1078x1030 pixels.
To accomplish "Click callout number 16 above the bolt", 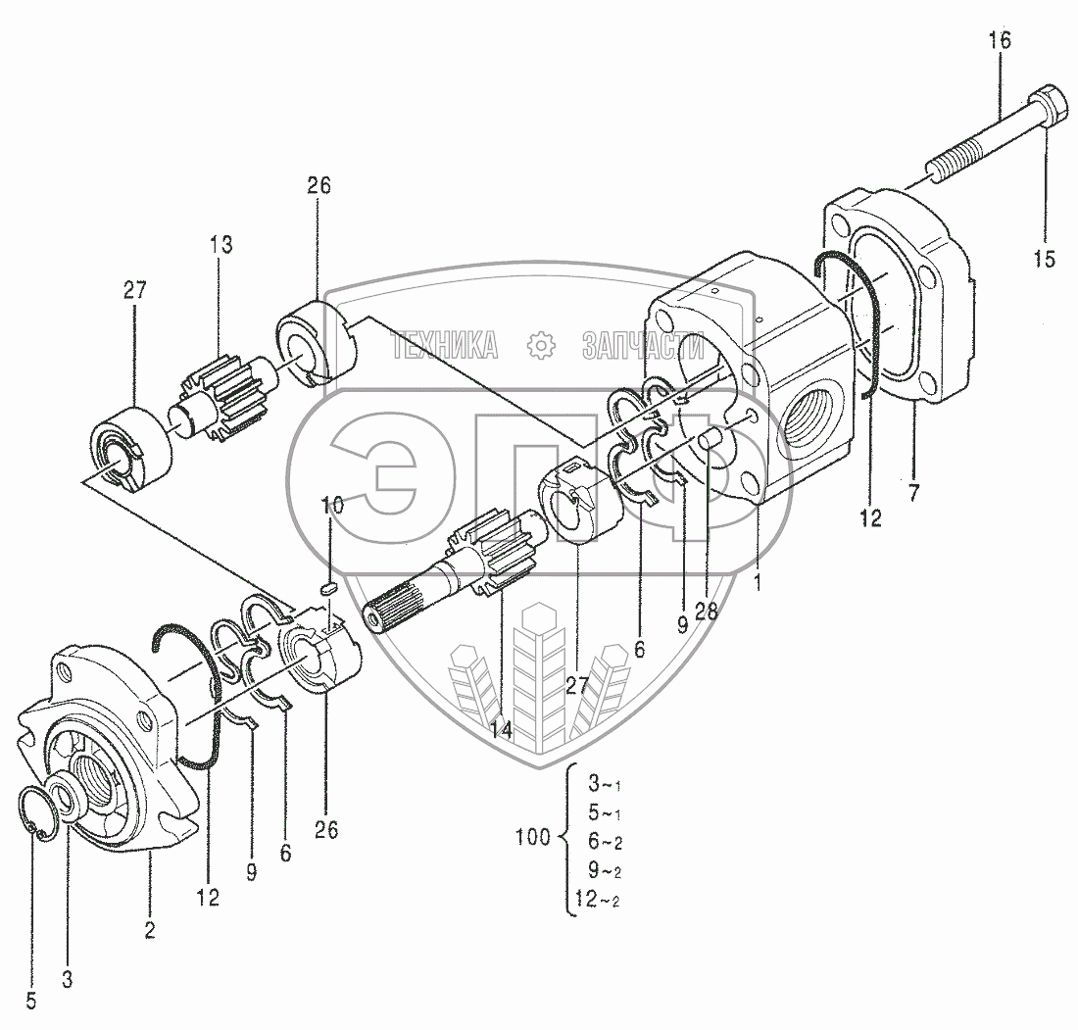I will [1000, 41].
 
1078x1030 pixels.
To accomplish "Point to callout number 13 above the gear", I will [220, 245].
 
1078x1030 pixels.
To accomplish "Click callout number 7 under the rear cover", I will [913, 493].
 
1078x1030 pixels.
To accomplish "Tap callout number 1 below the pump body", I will [757, 581].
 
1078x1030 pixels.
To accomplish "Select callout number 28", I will [706, 611].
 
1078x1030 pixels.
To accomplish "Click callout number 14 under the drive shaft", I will [501, 729].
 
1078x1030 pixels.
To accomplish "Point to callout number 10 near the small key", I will [332, 505].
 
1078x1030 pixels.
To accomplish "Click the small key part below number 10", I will [329, 588].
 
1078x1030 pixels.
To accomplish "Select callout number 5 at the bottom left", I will [31, 1001].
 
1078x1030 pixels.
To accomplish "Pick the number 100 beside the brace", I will [533, 838].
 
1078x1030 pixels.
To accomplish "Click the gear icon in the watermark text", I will [540, 344].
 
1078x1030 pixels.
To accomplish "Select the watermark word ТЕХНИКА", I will [444, 344].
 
